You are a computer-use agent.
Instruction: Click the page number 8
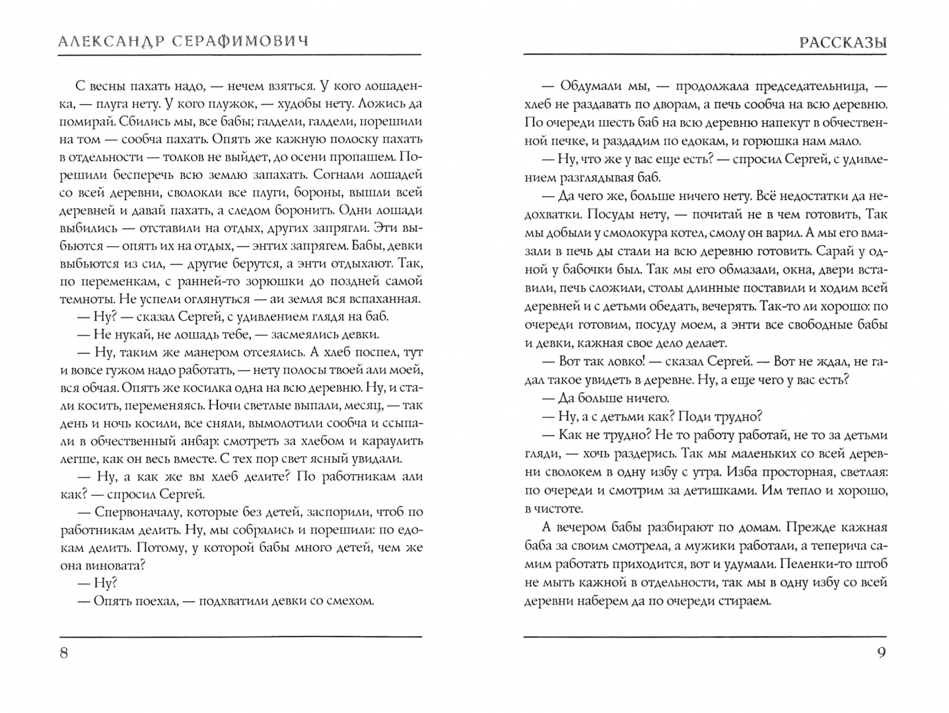pyautogui.click(x=64, y=654)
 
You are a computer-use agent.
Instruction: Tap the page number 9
pyautogui.click(x=881, y=654)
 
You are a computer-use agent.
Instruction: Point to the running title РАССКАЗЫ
pyautogui.click(x=843, y=42)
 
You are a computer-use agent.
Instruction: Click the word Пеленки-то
pyautogui.click(x=818, y=564)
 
